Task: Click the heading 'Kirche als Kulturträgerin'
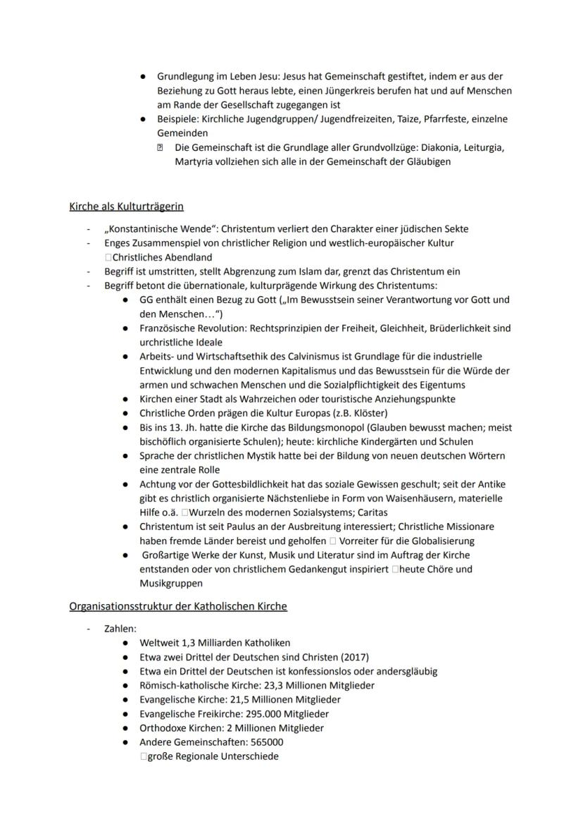coord(127,207)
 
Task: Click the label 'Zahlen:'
coord(120,628)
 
